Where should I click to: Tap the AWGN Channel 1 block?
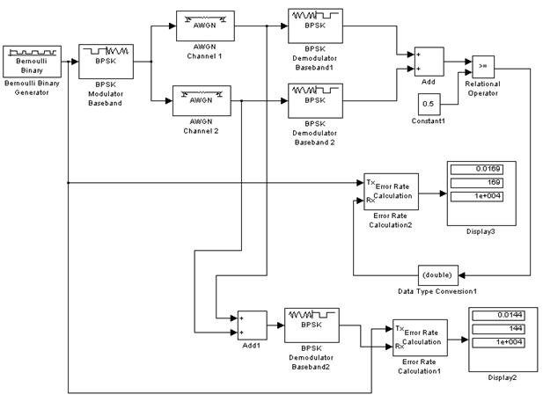[x=203, y=26]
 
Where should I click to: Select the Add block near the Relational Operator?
[x=429, y=62]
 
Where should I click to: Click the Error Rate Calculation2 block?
[x=392, y=192]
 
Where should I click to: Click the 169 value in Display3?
[x=481, y=184]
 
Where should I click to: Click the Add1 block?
[x=252, y=324]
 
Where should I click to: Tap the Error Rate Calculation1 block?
[x=421, y=340]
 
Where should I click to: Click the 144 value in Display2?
[x=503, y=328]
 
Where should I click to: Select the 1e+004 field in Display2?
[x=503, y=340]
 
